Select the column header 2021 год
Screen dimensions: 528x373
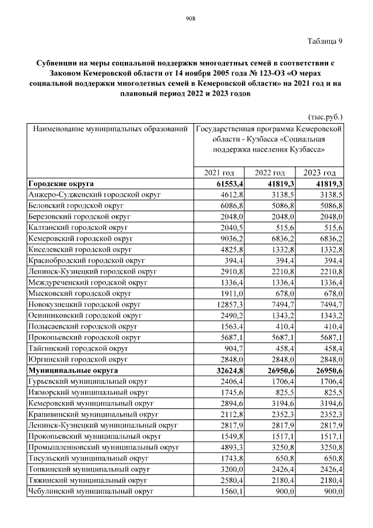[x=219, y=173]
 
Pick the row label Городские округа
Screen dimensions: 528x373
[x=61, y=184]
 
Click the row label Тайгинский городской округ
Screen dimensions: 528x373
[x=78, y=348]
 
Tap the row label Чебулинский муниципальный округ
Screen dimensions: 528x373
[x=91, y=492]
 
